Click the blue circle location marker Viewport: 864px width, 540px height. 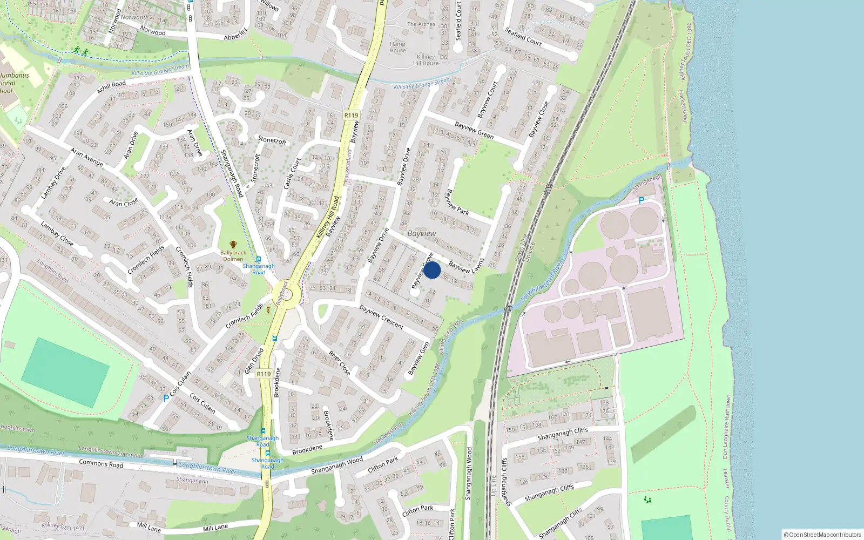coord(432,270)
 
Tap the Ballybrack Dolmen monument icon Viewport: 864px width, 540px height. coord(233,245)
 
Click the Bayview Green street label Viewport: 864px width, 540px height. coord(474,130)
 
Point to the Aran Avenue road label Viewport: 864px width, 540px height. coord(86,157)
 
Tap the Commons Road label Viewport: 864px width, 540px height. coord(101,463)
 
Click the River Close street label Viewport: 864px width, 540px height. coord(339,363)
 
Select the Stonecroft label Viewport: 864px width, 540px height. coord(272,140)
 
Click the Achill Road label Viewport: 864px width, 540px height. coord(111,86)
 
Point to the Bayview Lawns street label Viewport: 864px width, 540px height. coord(466,260)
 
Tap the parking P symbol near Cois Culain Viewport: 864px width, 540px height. coord(166,399)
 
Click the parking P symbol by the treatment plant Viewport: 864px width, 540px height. coord(642,200)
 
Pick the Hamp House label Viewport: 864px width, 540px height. coord(397,47)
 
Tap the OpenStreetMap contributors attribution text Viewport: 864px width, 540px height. coord(822,535)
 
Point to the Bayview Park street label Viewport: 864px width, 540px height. coord(457,202)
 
